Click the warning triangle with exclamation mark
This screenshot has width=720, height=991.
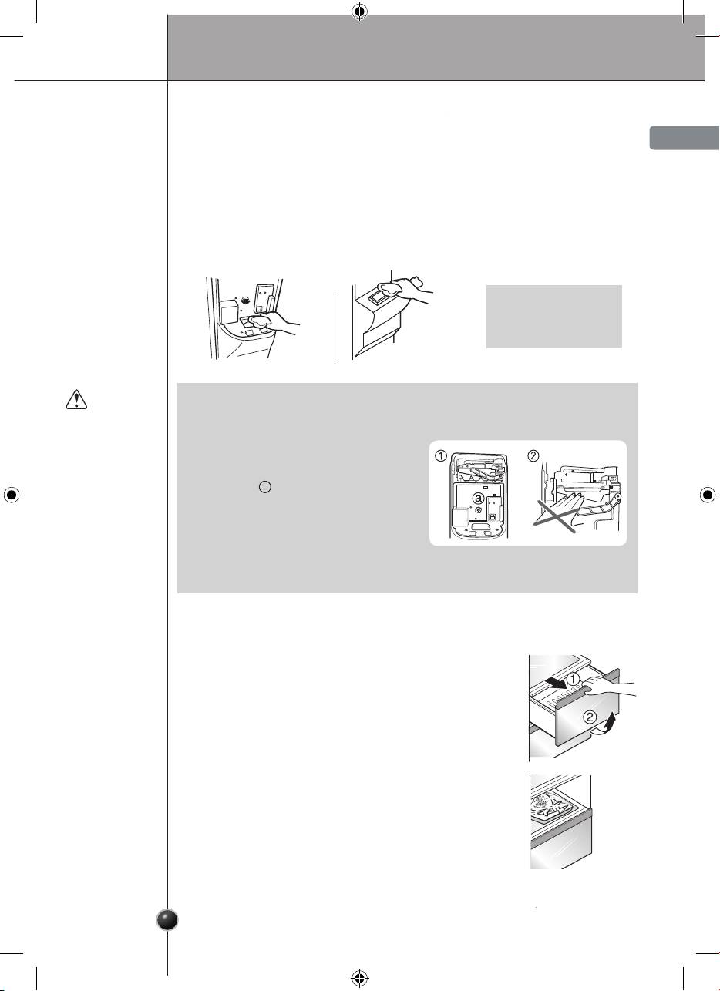[x=76, y=399]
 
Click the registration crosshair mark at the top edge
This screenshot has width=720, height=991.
[x=360, y=13]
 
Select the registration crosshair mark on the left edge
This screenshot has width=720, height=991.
[x=11, y=495]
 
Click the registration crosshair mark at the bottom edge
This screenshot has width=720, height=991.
[x=360, y=977]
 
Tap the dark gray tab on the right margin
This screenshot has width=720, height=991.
[x=685, y=138]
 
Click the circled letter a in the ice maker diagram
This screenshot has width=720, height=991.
[x=478, y=499]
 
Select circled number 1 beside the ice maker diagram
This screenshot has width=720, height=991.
[x=440, y=455]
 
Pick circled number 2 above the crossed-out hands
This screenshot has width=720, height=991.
[x=533, y=455]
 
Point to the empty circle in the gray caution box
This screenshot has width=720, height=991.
[x=264, y=487]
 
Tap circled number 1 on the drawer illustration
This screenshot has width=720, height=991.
[x=573, y=679]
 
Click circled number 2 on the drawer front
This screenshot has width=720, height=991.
[x=590, y=716]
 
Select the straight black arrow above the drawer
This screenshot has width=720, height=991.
[x=556, y=682]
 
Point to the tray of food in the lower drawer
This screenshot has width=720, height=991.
[x=553, y=809]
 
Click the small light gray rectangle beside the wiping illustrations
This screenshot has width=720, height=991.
[x=554, y=316]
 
